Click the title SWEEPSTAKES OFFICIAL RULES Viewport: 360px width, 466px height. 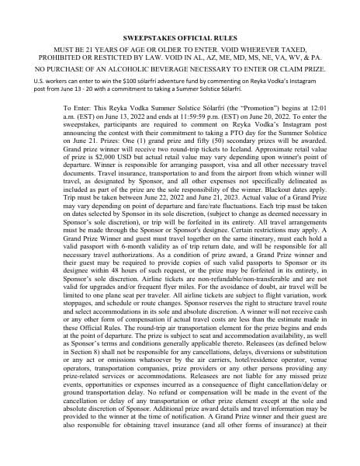click(180, 37)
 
